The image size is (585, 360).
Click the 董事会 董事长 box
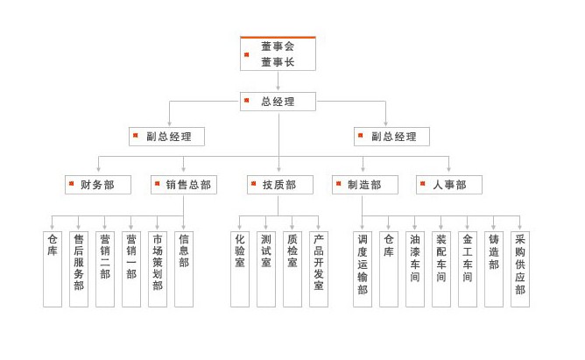(x=278, y=53)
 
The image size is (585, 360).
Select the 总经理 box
(x=278, y=102)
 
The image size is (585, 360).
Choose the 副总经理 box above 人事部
(x=391, y=137)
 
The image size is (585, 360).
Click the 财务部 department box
(x=97, y=185)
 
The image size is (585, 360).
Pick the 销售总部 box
(x=184, y=185)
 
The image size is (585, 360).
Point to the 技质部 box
(x=278, y=185)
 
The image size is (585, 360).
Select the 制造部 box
(x=364, y=185)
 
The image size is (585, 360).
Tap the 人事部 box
(x=449, y=185)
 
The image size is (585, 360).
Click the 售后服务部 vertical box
(x=79, y=268)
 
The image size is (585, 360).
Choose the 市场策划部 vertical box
(x=158, y=268)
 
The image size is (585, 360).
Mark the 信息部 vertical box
(x=184, y=268)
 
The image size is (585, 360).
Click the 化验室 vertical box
(x=240, y=268)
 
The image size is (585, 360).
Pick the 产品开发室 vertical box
(x=319, y=268)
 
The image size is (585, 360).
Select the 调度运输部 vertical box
(x=363, y=268)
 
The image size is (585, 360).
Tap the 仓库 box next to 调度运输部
(x=389, y=268)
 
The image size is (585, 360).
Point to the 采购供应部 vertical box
(x=520, y=268)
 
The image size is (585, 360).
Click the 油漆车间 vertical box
(x=415, y=268)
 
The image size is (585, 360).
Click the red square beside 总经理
(x=247, y=101)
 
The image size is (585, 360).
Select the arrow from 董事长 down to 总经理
(x=278, y=81)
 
